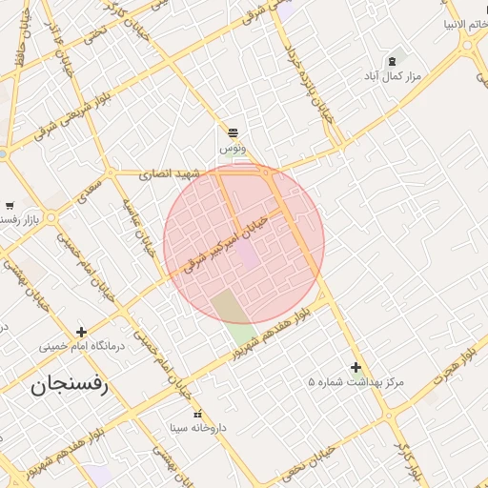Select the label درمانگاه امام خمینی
pos(82,346)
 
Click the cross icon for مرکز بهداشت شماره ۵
pos(356,367)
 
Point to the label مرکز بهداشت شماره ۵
pos(356,382)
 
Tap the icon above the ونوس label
pos(233,132)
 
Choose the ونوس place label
pos(233,149)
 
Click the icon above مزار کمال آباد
pos(391,61)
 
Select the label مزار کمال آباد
pos(390,75)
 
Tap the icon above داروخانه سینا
pos(197,414)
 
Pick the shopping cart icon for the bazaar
pos(10,205)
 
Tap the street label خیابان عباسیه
pos(137,230)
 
